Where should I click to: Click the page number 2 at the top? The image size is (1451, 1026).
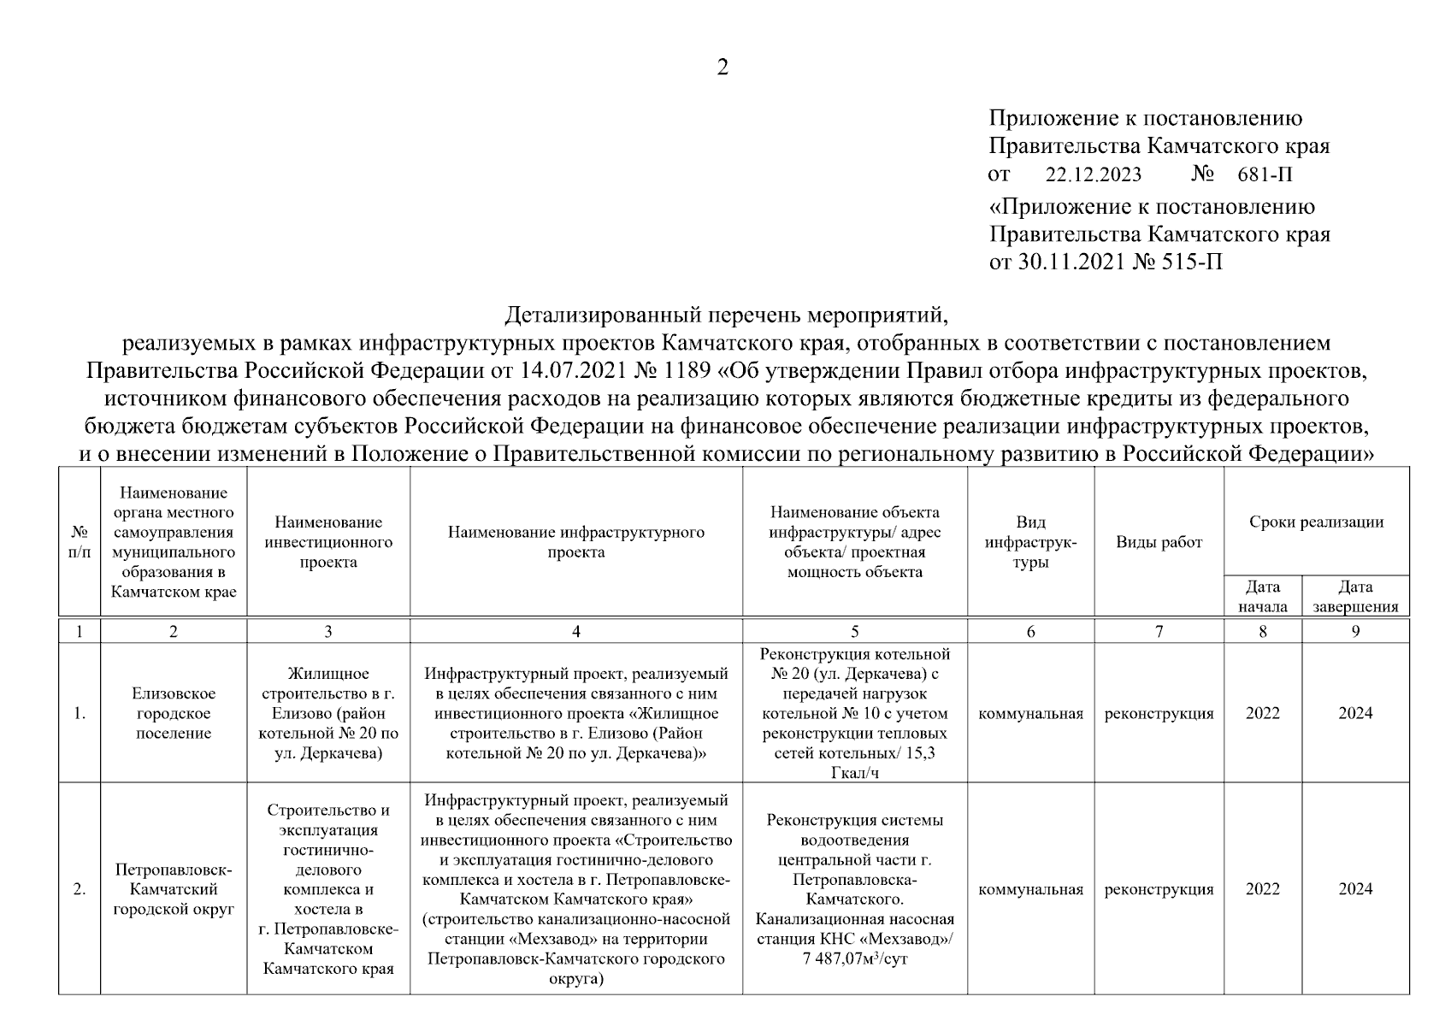723,68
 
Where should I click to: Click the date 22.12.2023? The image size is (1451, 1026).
1093,175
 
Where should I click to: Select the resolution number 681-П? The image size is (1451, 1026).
1265,175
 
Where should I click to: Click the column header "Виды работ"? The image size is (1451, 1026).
1159,542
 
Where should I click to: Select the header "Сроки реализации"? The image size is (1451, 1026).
1316,522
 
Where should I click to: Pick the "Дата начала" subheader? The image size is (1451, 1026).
1263,596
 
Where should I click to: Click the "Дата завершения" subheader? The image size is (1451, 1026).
1355,596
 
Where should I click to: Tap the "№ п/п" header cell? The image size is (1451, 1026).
80,542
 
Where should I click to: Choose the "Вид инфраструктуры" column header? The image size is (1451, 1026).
1030,542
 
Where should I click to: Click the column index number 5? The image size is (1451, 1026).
855,631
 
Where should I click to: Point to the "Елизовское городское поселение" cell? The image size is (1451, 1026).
174,713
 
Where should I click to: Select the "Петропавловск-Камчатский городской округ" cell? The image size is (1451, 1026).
174,889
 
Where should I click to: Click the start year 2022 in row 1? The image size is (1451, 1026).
1263,713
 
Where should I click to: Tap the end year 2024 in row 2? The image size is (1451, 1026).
1355,889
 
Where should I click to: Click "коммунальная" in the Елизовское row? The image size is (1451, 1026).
1030,713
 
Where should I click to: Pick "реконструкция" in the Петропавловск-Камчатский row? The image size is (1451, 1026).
1159,889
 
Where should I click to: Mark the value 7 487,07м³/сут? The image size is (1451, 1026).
855,958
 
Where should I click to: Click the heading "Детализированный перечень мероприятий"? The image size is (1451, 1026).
726,315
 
